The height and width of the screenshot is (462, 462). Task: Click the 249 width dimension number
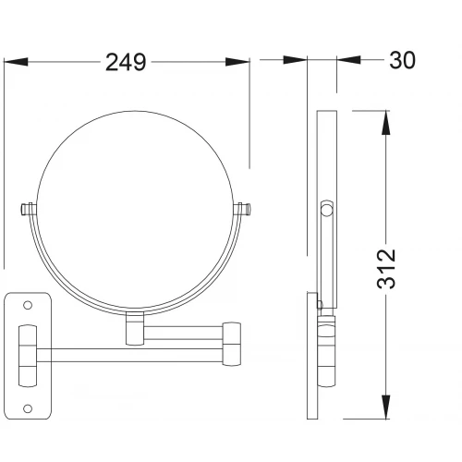[126, 63]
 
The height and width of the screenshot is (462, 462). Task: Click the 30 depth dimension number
[402, 60]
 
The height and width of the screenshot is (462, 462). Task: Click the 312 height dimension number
[386, 269]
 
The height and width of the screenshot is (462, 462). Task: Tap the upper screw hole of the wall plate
[28, 305]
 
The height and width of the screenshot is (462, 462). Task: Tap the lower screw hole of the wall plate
[28, 408]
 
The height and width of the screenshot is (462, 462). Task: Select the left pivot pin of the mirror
[29, 210]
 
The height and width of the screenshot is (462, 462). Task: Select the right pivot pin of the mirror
[243, 210]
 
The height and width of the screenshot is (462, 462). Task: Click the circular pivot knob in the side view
[327, 210]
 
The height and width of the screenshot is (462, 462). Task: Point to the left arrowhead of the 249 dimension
[16, 62]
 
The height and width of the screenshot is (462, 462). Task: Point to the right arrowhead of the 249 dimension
[237, 62]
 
